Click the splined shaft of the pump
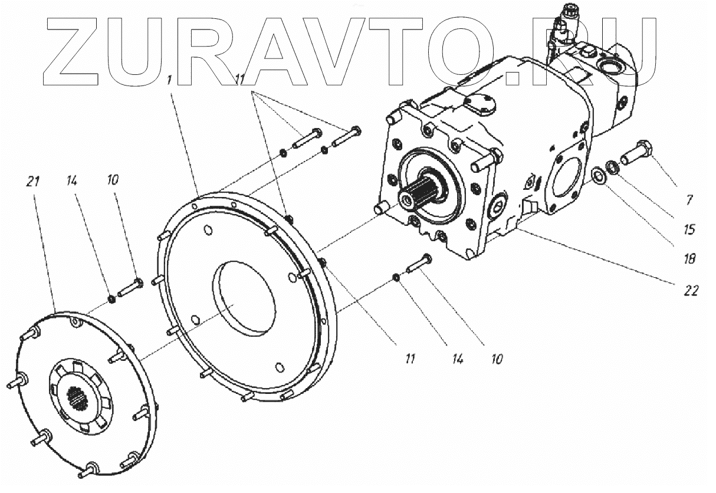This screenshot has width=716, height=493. coord(419,195)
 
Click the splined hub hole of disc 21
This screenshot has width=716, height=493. coord(77,397)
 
